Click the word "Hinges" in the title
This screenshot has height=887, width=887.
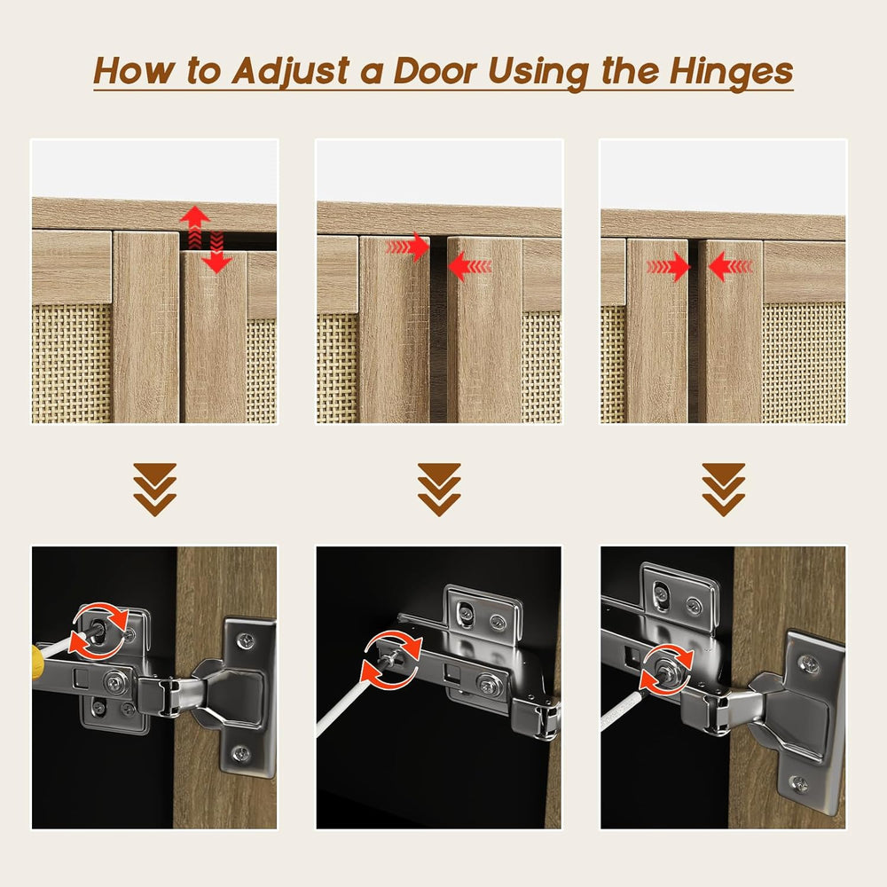[731, 72]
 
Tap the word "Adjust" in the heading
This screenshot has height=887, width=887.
[291, 73]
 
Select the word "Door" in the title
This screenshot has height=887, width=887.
[435, 71]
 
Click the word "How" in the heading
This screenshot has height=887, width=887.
[134, 71]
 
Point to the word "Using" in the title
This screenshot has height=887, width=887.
[538, 73]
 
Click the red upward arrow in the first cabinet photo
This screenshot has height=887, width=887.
[195, 227]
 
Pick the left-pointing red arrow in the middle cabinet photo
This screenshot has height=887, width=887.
[469, 266]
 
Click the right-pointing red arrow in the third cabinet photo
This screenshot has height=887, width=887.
[669, 266]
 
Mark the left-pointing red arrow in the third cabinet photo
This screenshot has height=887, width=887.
[730, 266]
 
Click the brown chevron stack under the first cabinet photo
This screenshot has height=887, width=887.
[155, 490]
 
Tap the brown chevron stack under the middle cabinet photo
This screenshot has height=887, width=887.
[439, 490]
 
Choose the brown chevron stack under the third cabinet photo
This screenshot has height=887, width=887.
[724, 490]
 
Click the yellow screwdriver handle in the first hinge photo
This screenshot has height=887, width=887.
[38, 655]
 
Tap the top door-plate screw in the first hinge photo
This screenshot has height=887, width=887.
[246, 641]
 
